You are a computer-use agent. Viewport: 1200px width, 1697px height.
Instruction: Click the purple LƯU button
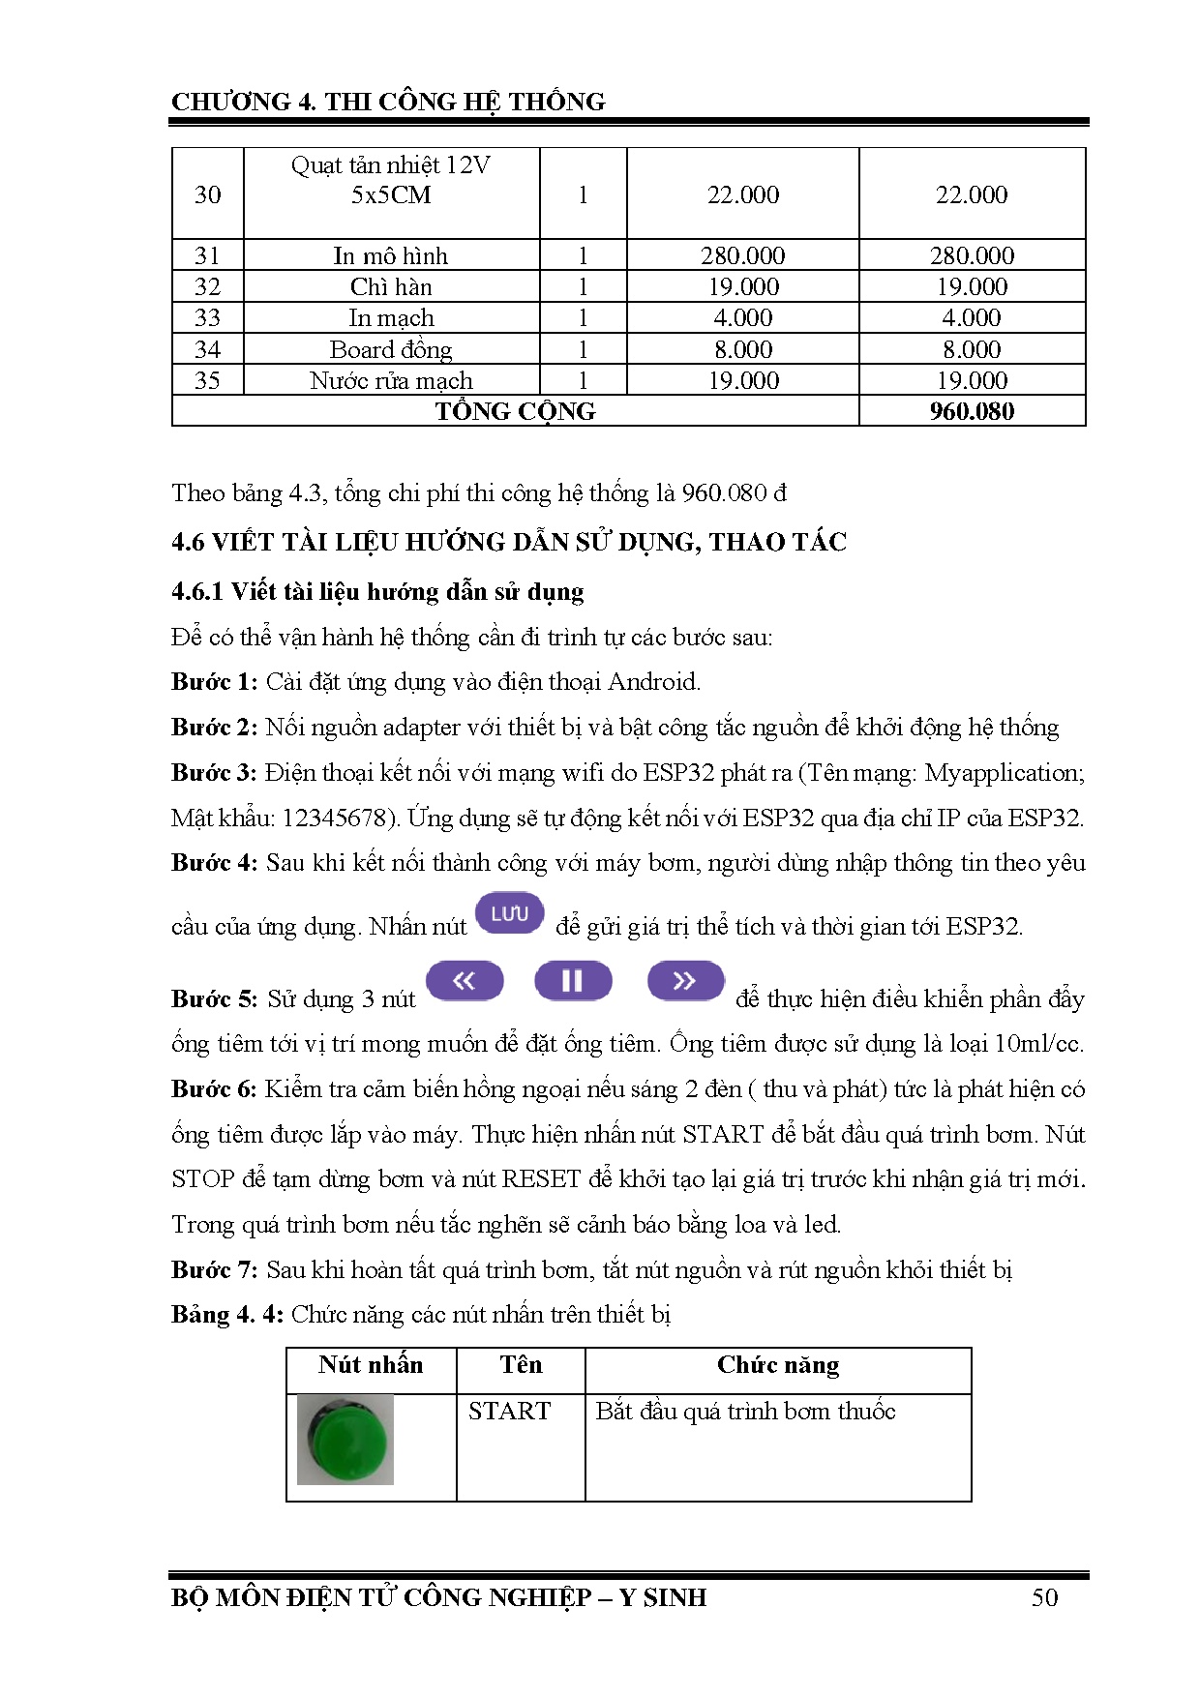pyautogui.click(x=510, y=913)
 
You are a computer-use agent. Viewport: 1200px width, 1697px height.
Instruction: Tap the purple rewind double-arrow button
pyautogui.click(x=465, y=980)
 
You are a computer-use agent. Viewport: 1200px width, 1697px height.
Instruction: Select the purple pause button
pyautogui.click(x=573, y=980)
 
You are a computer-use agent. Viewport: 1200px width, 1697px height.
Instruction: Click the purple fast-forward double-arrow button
pyautogui.click(x=685, y=980)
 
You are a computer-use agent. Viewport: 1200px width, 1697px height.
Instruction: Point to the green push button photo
pyautogui.click(x=345, y=1439)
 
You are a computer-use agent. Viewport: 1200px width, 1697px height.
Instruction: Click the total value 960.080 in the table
pyautogui.click(x=972, y=411)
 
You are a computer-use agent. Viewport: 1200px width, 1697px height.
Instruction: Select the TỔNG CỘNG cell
pyautogui.click(x=515, y=411)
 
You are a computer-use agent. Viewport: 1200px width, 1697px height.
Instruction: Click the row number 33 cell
pyautogui.click(x=207, y=318)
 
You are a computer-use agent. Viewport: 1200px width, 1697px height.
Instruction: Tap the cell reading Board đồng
pyautogui.click(x=391, y=349)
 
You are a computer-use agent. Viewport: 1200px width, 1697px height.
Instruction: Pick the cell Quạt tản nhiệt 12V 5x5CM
pyautogui.click(x=391, y=181)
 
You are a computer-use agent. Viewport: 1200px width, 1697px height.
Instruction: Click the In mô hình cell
pyautogui.click(x=391, y=256)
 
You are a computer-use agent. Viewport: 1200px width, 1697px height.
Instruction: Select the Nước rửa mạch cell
pyautogui.click(x=391, y=380)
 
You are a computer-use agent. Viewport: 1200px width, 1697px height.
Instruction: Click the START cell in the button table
pyautogui.click(x=509, y=1411)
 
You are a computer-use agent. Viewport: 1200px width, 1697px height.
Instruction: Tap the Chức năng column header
pyautogui.click(x=778, y=1365)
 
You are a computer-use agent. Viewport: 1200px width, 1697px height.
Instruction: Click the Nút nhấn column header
pyautogui.click(x=371, y=1365)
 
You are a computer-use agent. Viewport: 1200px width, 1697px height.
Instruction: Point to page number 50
pyautogui.click(x=1044, y=1597)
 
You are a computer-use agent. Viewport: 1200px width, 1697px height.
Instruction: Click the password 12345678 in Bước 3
pyautogui.click(x=334, y=819)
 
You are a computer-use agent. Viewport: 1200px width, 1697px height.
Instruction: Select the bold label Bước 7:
pyautogui.click(x=214, y=1269)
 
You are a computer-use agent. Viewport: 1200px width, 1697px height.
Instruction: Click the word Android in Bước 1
pyautogui.click(x=652, y=682)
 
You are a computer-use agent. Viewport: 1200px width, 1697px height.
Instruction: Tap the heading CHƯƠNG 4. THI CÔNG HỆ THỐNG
pyautogui.click(x=388, y=102)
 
